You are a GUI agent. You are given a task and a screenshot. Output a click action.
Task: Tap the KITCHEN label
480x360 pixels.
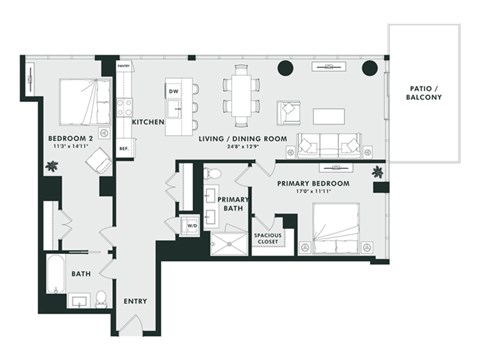[148, 122]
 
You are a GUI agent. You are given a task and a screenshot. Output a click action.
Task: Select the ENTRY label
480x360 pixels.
[135, 300]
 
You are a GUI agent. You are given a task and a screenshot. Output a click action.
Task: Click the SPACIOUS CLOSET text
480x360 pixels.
[267, 238]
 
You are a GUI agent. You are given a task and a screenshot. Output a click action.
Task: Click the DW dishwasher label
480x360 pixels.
[174, 91]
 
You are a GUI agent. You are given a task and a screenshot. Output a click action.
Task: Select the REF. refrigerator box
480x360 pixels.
[125, 146]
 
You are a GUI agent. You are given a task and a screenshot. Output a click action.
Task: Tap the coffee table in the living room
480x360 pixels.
[327, 115]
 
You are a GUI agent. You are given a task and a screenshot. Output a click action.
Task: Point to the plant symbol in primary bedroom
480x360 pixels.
[379, 173]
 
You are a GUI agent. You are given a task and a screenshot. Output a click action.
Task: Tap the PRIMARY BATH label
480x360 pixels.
[233, 205]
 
